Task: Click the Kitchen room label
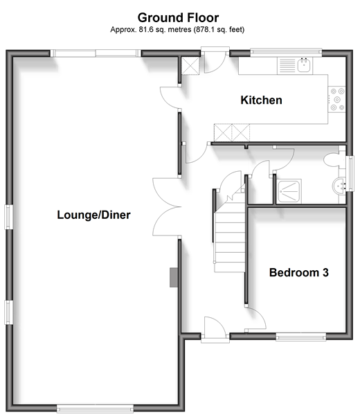pyautogui.click(x=261, y=100)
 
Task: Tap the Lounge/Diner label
pyautogui.click(x=94, y=215)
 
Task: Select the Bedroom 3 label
pyautogui.click(x=299, y=273)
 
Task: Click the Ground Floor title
pyautogui.click(x=178, y=18)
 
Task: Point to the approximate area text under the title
pyautogui.click(x=177, y=29)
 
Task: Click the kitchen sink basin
pyautogui.click(x=303, y=65)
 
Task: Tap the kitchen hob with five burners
pyautogui.click(x=337, y=100)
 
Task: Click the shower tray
pyautogui.click(x=289, y=191)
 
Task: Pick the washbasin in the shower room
pyautogui.click(x=339, y=186)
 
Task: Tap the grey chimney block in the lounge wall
pyautogui.click(x=174, y=277)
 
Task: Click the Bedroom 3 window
pyautogui.click(x=301, y=337)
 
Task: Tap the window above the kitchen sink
pyautogui.click(x=286, y=52)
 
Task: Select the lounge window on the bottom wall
pyautogui.click(x=95, y=408)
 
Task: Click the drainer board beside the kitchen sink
pyautogui.click(x=287, y=65)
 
